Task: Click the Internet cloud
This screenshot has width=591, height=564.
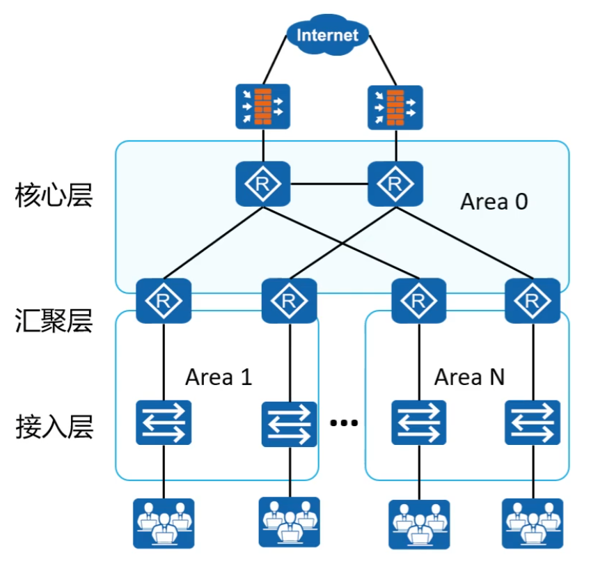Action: [327, 35]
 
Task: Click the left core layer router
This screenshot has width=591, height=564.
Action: [263, 184]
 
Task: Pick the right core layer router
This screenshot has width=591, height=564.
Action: [395, 184]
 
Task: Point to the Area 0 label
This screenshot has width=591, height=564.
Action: [494, 202]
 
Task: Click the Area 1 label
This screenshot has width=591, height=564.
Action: [219, 377]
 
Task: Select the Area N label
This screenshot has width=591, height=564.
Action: [469, 377]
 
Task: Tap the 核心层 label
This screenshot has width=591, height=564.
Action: [54, 197]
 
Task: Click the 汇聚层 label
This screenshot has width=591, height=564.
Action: [54, 322]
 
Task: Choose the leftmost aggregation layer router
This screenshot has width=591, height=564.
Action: [164, 301]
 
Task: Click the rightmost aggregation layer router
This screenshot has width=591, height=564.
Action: [533, 301]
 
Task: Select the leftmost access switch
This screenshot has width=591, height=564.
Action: [164, 422]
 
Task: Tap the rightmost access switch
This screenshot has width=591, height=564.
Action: [533, 422]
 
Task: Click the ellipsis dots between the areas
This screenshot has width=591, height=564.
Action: [343, 423]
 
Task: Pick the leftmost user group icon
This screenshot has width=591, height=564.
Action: [164, 522]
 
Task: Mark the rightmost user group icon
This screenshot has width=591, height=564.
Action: [533, 522]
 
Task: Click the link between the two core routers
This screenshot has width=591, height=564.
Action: [329, 184]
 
